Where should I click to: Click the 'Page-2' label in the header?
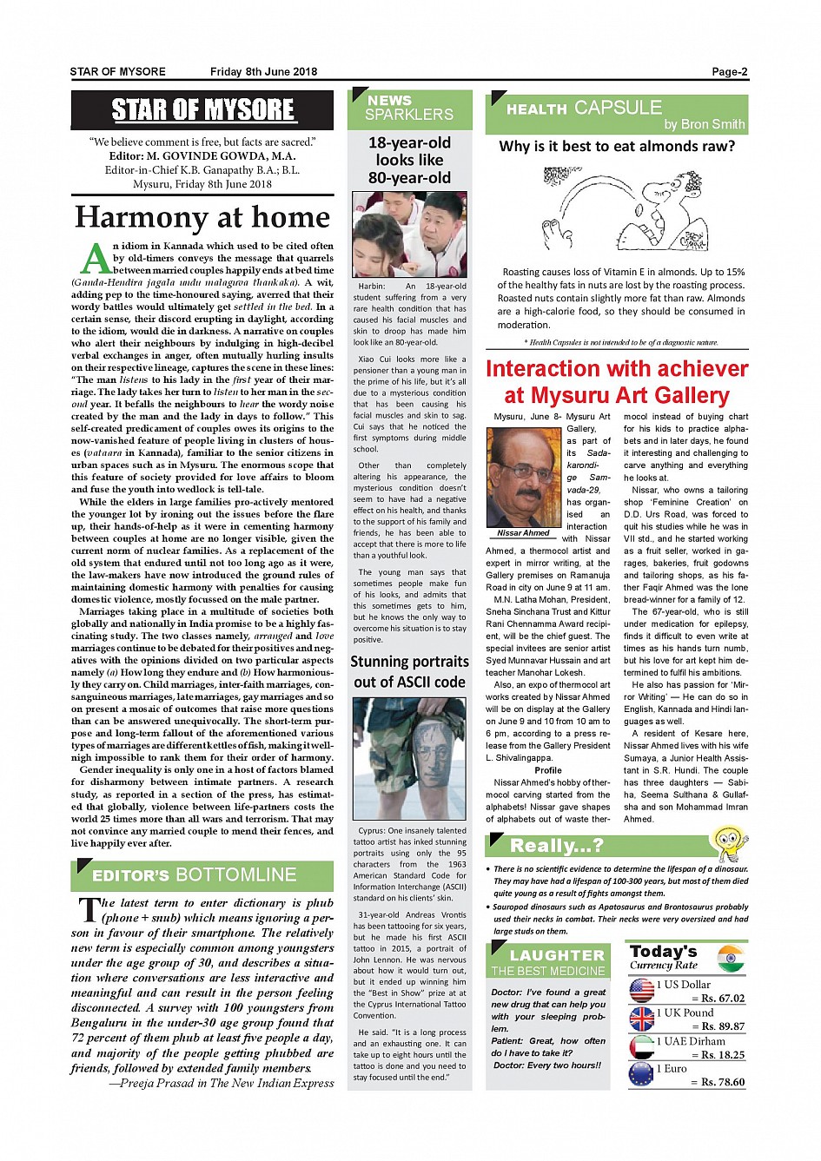tap(729, 72)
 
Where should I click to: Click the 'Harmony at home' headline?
tap(202, 217)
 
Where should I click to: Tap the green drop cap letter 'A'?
tap(96, 259)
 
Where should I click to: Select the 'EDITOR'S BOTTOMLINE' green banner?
tap(195, 875)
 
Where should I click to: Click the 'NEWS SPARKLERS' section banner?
tap(409, 108)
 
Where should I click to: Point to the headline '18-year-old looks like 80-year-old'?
tap(410, 161)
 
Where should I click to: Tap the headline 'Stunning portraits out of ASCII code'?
tap(409, 671)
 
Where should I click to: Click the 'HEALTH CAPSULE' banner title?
tap(584, 109)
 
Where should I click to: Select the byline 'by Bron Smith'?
tap(704, 124)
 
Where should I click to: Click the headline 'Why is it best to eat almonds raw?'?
tap(617, 146)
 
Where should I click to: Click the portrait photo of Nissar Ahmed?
tap(524, 478)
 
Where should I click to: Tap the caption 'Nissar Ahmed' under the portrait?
tap(523, 533)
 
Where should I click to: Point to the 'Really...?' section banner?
tap(556, 845)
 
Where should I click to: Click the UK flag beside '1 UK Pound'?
tap(641, 1019)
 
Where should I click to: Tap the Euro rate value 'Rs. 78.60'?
tap(723, 1082)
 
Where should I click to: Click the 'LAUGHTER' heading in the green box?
tap(557, 955)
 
